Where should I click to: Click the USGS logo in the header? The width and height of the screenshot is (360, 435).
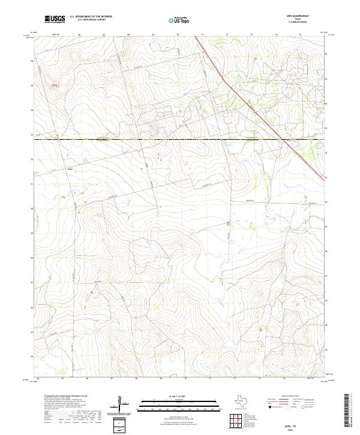point(55,19)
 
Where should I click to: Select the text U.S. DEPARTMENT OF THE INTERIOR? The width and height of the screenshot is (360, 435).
point(91,17)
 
